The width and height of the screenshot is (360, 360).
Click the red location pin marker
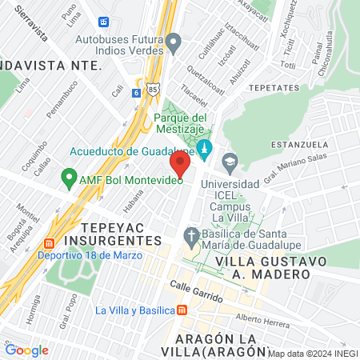180,166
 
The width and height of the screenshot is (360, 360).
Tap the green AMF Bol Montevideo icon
70,179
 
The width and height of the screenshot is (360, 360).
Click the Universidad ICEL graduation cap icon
230,161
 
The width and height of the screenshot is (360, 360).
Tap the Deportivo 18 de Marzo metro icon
49,243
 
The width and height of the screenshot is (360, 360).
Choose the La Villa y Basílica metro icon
182,310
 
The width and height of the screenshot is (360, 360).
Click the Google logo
26,350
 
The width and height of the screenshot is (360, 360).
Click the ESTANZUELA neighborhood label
300,145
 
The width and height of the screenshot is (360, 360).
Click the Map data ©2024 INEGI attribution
313,353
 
